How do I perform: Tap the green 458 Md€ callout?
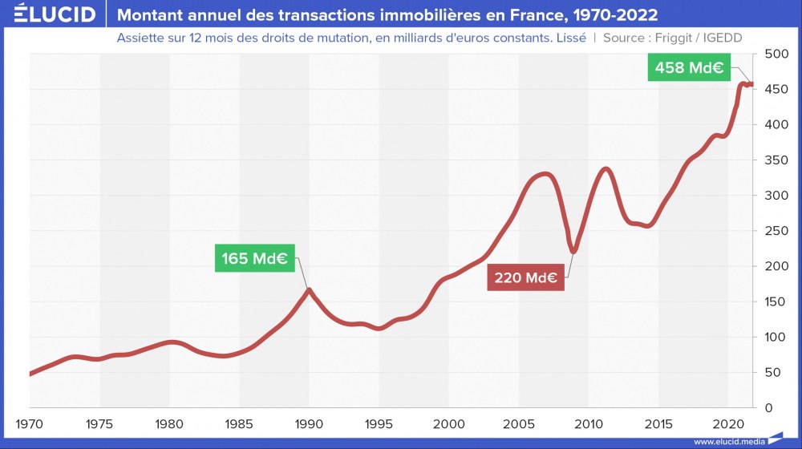[689, 68]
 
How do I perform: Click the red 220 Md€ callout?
[525, 277]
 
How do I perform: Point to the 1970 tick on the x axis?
[30, 423]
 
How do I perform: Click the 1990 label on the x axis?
[309, 423]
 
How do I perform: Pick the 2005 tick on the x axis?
[518, 423]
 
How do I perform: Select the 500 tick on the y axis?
[775, 55]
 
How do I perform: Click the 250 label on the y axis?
[775, 231]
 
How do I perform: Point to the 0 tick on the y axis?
[768, 408]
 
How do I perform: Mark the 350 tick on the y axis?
[775, 160]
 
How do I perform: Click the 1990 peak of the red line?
[309, 289]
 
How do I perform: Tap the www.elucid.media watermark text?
[727, 441]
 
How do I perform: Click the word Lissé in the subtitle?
[569, 38]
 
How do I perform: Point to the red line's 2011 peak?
[606, 169]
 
